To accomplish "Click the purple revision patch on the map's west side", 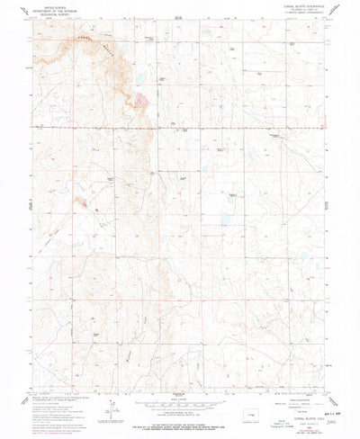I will pos(83,203).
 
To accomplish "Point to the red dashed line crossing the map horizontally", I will pos(180,129).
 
